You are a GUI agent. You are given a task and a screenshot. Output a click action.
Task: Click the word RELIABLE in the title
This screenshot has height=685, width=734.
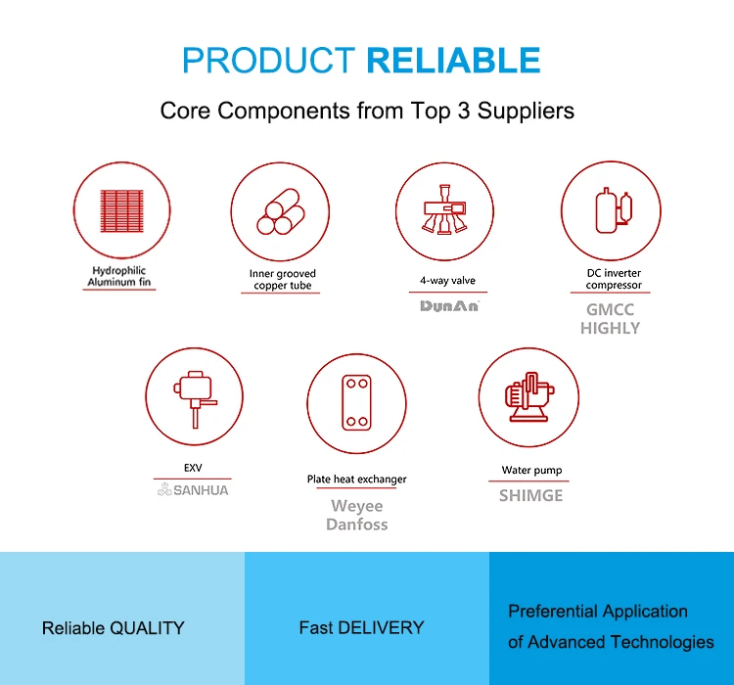pos(453,61)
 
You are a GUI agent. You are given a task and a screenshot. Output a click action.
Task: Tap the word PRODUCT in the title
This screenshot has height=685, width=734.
pos(269,61)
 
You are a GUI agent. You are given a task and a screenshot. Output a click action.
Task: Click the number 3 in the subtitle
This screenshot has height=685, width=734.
pos(464,111)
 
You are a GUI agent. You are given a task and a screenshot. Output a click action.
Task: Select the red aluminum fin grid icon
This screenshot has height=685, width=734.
pos(121,210)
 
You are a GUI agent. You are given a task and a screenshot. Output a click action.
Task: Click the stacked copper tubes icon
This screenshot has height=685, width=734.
pos(280,211)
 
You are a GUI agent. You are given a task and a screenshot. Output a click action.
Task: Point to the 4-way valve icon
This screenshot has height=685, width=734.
pos(444,209)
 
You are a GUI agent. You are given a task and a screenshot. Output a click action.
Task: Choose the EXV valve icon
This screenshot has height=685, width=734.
pos(195,399)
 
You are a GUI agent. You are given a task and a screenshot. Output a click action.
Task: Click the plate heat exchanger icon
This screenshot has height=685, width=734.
pos(356,402)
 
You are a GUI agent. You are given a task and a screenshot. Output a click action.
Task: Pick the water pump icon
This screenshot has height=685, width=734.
pos(529,397)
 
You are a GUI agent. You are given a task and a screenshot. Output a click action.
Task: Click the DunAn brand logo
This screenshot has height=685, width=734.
pos(449,305)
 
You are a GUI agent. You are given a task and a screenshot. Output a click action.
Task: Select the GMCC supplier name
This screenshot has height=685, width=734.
pos(610,309)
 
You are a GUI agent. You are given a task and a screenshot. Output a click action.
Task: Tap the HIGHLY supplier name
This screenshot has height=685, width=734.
pos(610,328)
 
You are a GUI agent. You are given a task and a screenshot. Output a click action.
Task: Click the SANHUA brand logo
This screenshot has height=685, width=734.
pos(193,489)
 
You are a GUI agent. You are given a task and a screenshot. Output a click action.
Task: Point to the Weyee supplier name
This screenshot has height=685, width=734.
pos(356,506)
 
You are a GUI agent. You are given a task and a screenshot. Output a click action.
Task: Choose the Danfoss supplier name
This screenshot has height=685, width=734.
pos(356,525)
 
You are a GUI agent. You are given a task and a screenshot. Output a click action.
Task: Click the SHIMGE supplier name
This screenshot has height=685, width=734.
pos(530,495)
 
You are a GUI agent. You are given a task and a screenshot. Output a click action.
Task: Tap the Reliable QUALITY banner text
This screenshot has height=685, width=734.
pos(114,628)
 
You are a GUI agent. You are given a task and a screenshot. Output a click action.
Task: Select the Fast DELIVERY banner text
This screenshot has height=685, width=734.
pos(361,627)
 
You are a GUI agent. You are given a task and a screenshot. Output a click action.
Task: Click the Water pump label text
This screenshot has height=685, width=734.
pos(531,470)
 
